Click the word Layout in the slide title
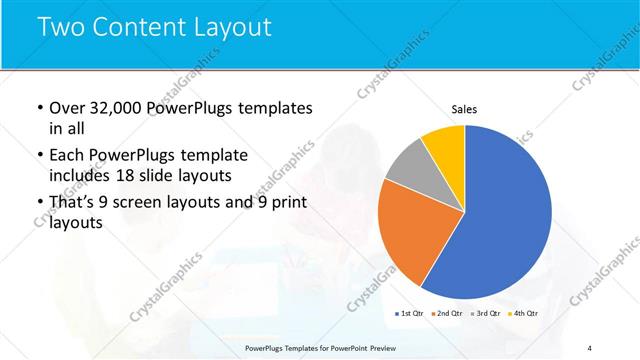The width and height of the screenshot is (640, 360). [x=233, y=27]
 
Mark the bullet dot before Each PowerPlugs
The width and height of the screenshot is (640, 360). [x=38, y=156]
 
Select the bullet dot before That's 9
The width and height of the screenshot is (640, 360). [x=38, y=203]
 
